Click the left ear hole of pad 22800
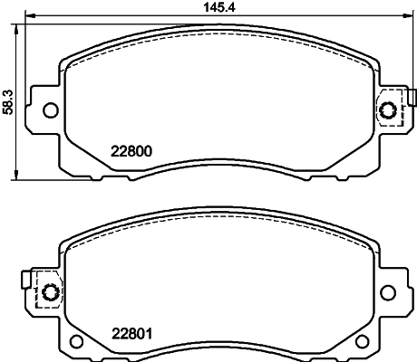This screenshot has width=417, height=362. [51, 110]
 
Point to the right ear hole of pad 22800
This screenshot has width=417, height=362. [389, 110]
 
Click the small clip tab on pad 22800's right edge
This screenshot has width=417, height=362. [411, 98]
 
